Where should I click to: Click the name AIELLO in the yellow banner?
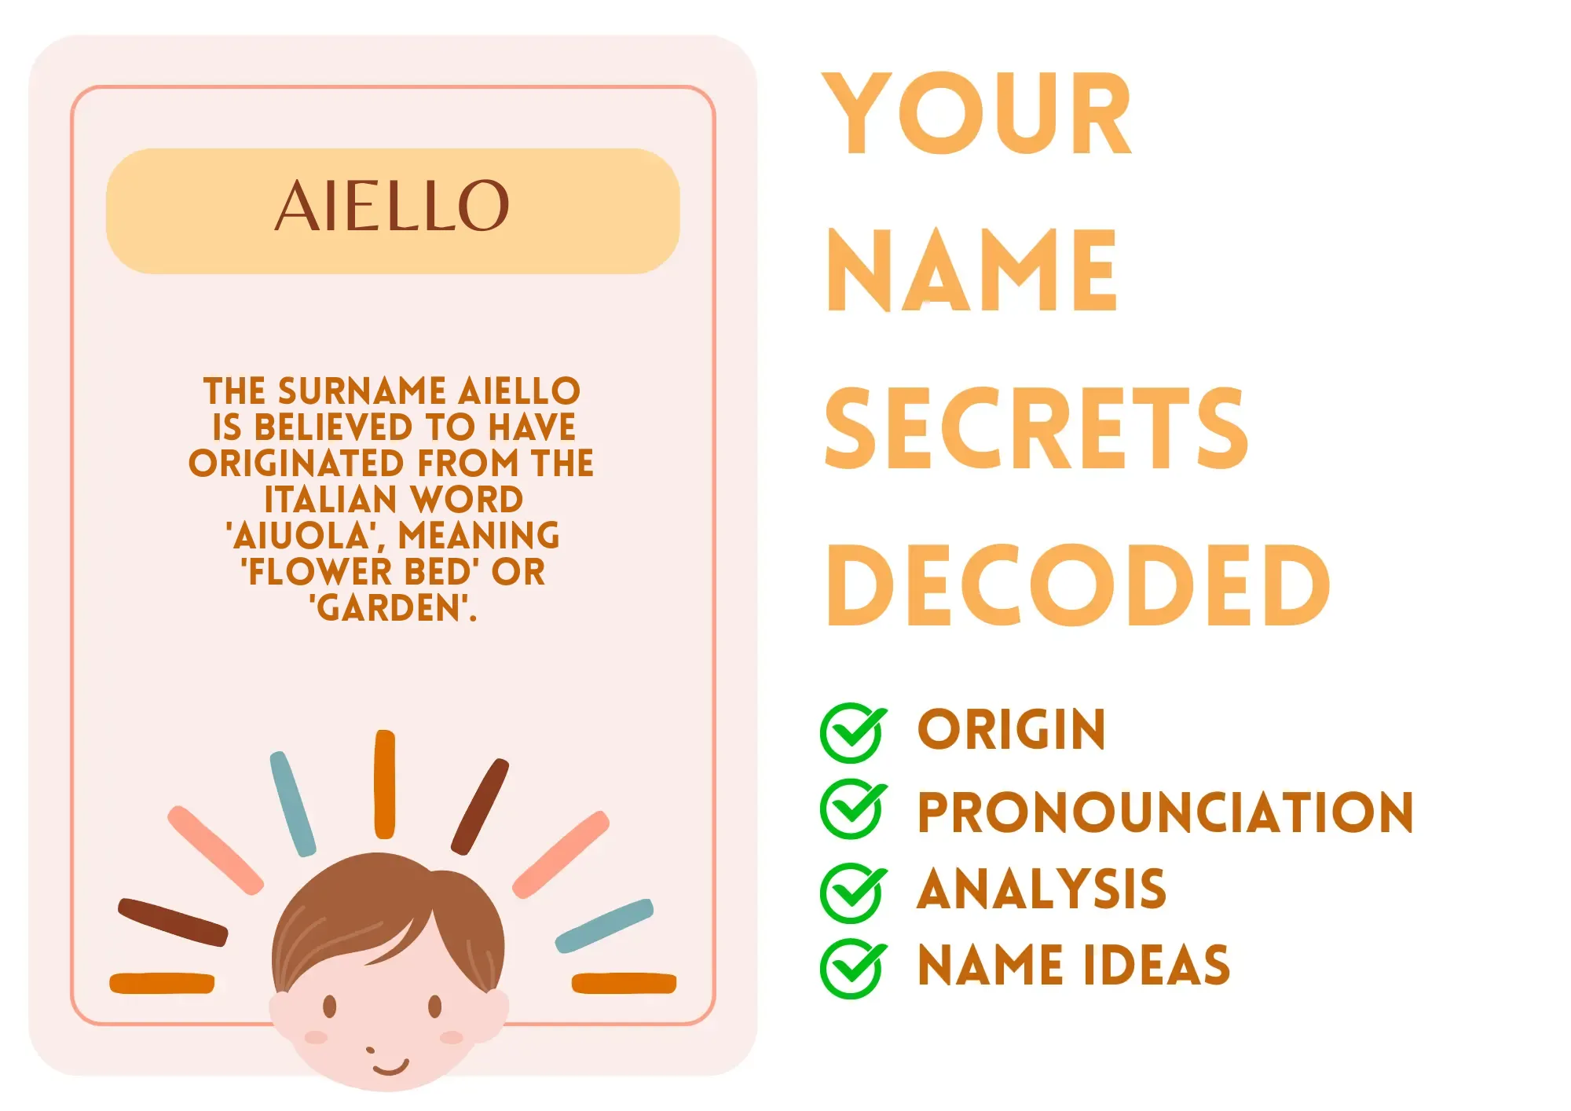392,206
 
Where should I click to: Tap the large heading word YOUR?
976,113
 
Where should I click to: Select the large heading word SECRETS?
1036,428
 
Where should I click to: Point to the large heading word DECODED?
1078,585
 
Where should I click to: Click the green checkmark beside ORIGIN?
854,732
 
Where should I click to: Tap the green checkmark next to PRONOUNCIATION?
854,809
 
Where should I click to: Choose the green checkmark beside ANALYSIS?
854,893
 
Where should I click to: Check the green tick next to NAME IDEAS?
854,969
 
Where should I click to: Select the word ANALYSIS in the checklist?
1042,889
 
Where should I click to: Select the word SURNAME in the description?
362,391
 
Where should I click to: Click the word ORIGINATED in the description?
296,464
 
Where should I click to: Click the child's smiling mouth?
390,1067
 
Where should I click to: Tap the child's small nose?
371,1050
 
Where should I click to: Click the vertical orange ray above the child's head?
385,784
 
